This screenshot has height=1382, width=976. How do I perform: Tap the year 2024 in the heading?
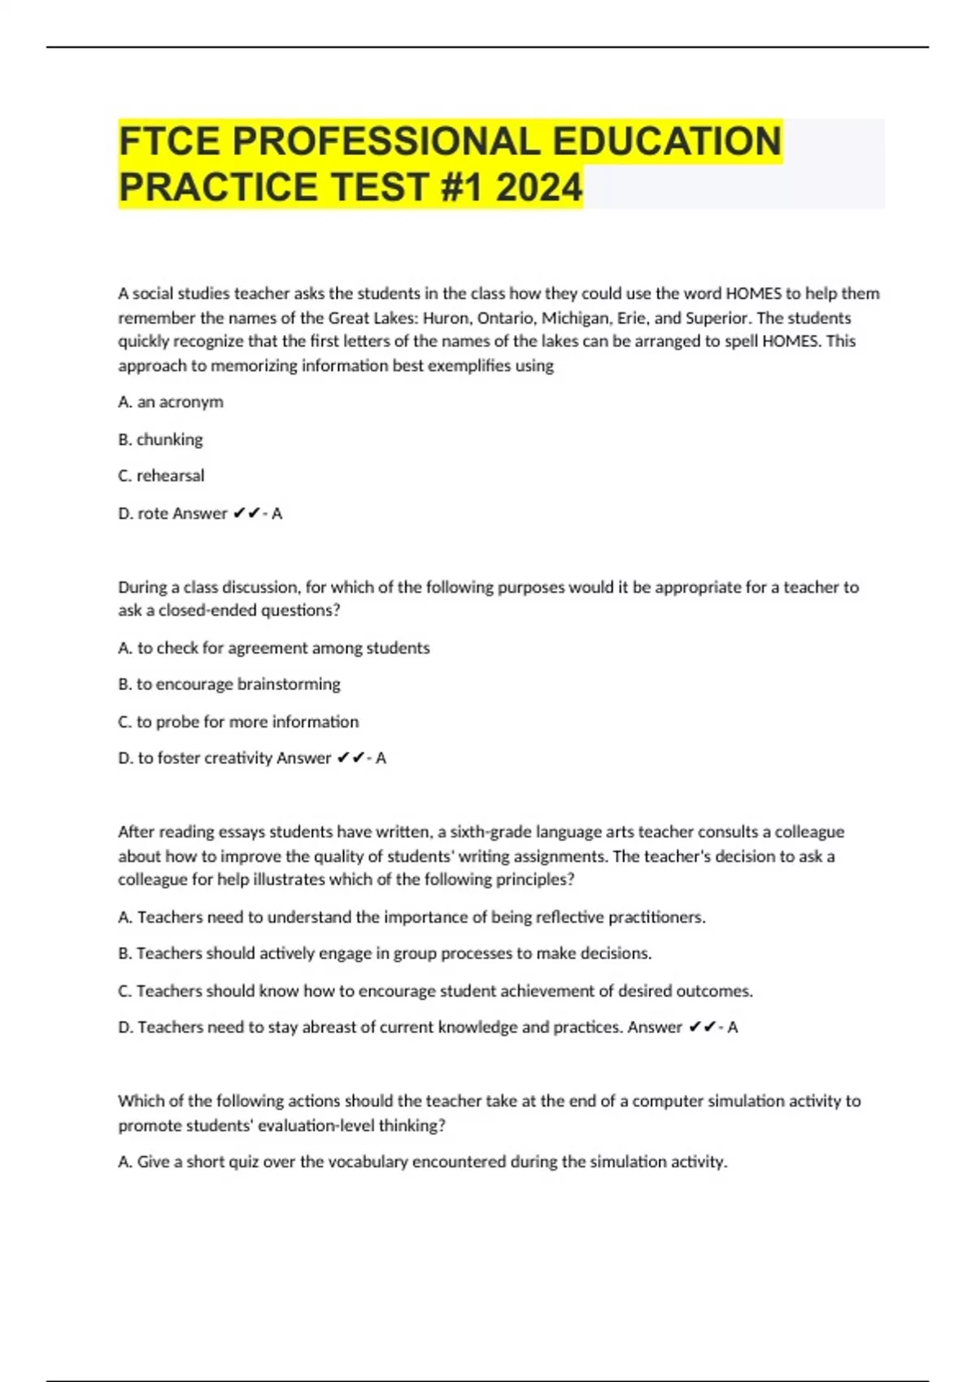pyautogui.click(x=538, y=187)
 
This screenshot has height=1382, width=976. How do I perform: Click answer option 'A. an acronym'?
pyautogui.click(x=171, y=402)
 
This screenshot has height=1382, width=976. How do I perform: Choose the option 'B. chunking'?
pyautogui.click(x=160, y=439)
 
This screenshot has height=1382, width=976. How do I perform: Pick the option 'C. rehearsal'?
pyautogui.click(x=161, y=476)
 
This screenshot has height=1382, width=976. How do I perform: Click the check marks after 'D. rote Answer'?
pyautogui.click(x=246, y=513)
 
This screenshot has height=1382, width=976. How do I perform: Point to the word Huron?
pyautogui.click(x=446, y=318)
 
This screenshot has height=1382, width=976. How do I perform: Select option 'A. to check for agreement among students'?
pyautogui.click(x=273, y=648)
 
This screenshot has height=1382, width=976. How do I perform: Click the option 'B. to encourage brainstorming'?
pyautogui.click(x=229, y=684)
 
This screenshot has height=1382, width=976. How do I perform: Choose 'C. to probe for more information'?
pyautogui.click(x=238, y=722)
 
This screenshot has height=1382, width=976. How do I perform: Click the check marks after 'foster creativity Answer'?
pyautogui.click(x=351, y=758)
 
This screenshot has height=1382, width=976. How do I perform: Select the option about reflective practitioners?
pyautogui.click(x=412, y=917)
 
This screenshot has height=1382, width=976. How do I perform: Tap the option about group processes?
pyautogui.click(x=385, y=954)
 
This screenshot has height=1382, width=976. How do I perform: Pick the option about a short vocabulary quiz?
pyautogui.click(x=422, y=1163)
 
